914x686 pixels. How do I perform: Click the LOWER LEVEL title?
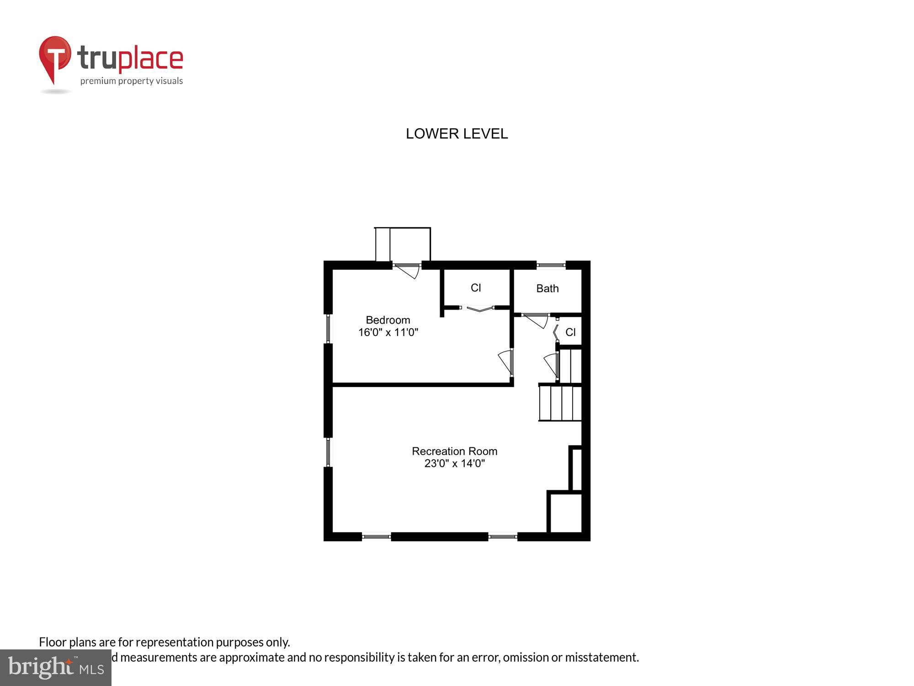[457, 134]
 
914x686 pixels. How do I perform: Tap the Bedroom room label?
[388, 320]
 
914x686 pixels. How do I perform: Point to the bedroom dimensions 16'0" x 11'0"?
[388, 332]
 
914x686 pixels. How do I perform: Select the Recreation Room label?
[454, 451]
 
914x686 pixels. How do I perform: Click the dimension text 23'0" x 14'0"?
[454, 463]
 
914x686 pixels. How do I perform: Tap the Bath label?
[547, 288]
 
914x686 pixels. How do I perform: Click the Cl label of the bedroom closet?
[476, 288]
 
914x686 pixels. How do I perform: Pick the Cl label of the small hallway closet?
[570, 332]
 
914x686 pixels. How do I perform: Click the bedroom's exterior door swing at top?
[408, 271]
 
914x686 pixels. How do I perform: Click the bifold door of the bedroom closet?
[478, 309]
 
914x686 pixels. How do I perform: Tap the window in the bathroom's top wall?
[551, 265]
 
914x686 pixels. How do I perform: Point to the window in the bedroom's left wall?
[328, 328]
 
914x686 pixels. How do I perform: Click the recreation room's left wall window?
[328, 452]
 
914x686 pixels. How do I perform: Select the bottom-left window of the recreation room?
[376, 536]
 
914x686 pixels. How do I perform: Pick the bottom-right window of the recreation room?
[503, 536]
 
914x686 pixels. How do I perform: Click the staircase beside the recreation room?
[560, 403]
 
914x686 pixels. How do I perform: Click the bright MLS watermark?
[56, 667]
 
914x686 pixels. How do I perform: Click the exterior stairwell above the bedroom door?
[403, 245]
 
